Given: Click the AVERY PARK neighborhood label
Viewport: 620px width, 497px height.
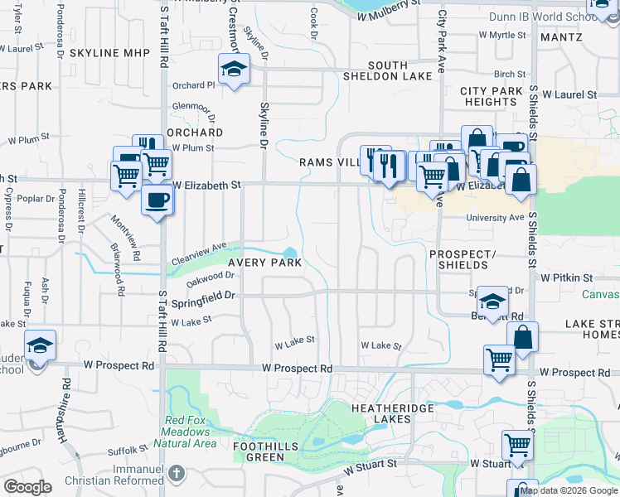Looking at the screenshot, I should point(264,262).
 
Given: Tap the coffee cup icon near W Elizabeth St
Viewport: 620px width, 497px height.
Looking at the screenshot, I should point(157,199).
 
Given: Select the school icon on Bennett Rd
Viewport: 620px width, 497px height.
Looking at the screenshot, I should point(492,302).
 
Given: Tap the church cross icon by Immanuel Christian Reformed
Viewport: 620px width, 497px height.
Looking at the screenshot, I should point(175,473).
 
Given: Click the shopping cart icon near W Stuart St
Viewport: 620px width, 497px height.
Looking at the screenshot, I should point(517,445).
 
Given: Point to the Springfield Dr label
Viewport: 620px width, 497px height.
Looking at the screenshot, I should point(204,298).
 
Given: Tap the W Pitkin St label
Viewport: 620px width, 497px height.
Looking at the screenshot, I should point(567,277).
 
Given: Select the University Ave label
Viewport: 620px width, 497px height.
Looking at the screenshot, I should point(495,218).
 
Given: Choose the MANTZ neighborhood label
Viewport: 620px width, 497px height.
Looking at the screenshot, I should point(561,37).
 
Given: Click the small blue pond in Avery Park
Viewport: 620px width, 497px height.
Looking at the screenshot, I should point(289,253).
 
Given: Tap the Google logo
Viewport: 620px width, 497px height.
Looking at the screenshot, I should point(27,486).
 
